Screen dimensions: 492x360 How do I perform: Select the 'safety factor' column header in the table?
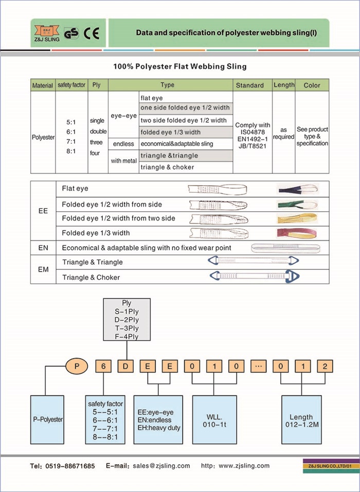(x=71, y=85)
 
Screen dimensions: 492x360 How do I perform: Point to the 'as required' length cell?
(x=283, y=133)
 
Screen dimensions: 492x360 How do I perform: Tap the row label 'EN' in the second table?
(x=44, y=248)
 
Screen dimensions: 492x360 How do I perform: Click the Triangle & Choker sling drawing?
(x=255, y=277)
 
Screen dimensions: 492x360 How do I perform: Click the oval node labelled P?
(x=77, y=367)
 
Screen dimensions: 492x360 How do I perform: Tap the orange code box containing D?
(x=126, y=367)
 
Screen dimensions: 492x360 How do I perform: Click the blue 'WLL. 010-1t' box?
(x=213, y=420)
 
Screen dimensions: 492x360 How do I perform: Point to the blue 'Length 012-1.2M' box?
(x=302, y=420)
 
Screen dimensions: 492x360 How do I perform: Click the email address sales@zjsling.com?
(x=161, y=466)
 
